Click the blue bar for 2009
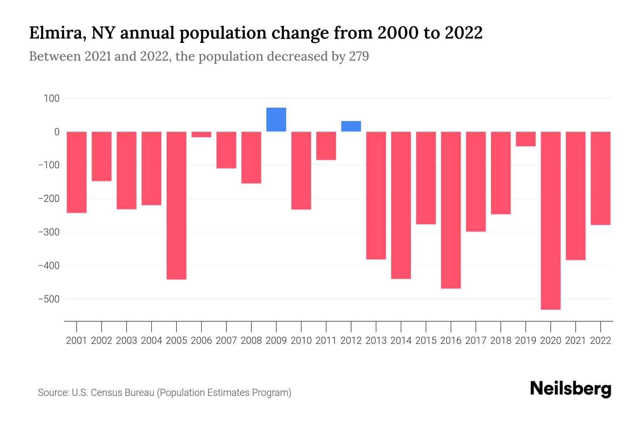tap(276, 119)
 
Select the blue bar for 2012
tap(351, 126)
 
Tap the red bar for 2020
tap(550, 220)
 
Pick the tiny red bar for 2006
tap(202, 134)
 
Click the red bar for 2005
tap(177, 205)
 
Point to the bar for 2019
tap(525, 139)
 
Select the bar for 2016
tap(451, 210)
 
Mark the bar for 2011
tap(326, 146)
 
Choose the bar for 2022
tap(600, 178)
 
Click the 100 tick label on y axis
tap(52, 98)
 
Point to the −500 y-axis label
tap(49, 299)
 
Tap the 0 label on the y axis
tap(57, 132)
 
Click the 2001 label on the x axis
tap(77, 341)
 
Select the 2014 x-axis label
tap(401, 341)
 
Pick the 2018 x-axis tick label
tap(500, 341)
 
